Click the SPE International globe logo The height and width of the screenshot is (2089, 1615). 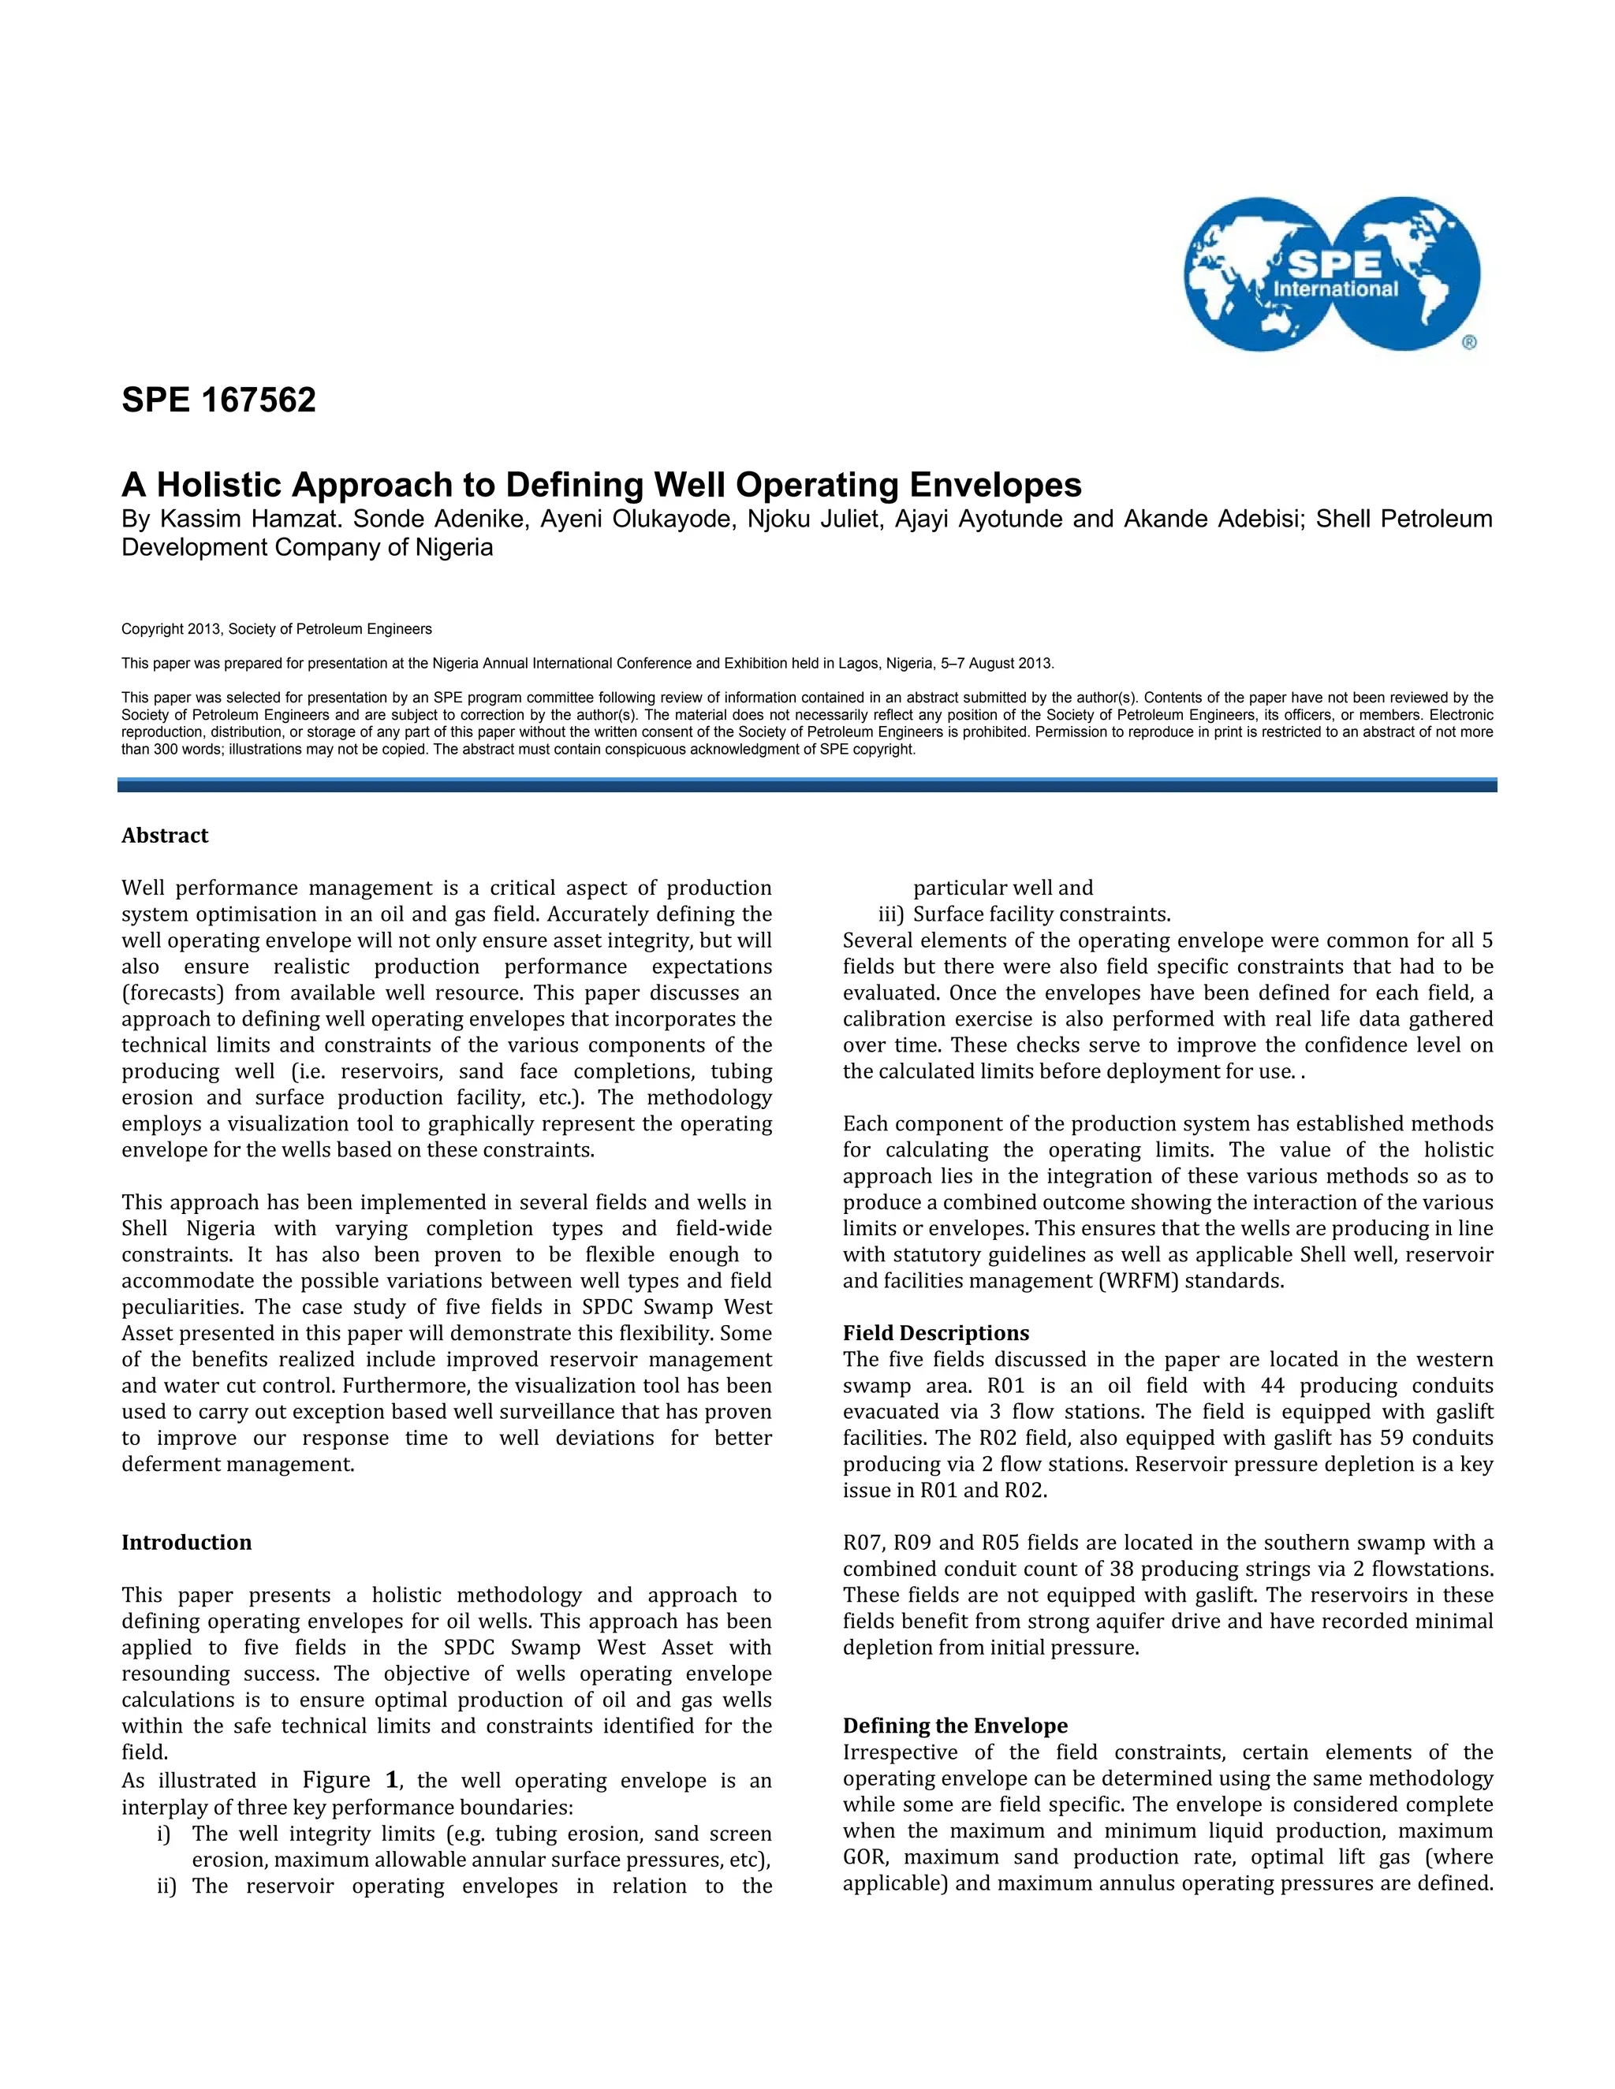tap(1331, 274)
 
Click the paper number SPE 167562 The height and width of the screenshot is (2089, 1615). tap(218, 400)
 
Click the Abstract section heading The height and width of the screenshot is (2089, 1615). tap(165, 836)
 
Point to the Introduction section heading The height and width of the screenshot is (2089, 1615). tap(187, 1542)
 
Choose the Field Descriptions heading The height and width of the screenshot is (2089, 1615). tap(936, 1332)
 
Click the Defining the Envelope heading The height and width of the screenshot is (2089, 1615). tap(955, 1726)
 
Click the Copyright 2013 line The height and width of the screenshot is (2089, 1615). tap(277, 629)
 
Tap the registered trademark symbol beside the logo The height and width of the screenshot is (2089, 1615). tap(1468, 342)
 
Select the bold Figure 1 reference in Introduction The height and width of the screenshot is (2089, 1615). tap(349, 1780)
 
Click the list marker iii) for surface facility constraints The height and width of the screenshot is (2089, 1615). tap(891, 914)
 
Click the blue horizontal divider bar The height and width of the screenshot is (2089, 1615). tap(807, 784)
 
